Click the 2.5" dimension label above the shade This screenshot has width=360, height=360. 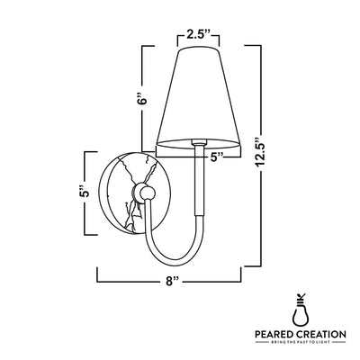click(198, 35)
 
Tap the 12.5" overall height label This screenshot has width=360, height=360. click(260, 152)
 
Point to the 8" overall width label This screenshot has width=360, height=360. click(172, 282)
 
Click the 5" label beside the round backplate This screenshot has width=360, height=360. click(85, 192)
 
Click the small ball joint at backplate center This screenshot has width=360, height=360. click(147, 193)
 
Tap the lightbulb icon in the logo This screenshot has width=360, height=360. click(301, 310)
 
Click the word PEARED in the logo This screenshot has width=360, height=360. click(274, 334)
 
